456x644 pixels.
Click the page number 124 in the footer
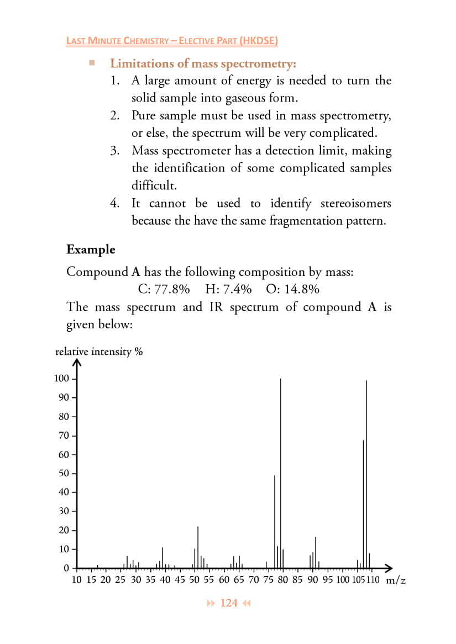tap(229, 603)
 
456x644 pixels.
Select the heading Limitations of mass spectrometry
tap(203, 64)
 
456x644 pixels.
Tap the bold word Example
tap(91, 249)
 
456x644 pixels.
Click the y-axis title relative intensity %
tap(99, 352)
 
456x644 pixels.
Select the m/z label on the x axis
tap(396, 580)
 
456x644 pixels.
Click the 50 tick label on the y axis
tap(64, 473)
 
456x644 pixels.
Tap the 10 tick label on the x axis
tap(77, 580)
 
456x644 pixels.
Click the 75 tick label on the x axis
tap(269, 580)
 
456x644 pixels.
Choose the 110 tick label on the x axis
tap(373, 580)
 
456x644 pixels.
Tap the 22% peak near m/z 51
tap(198, 546)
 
